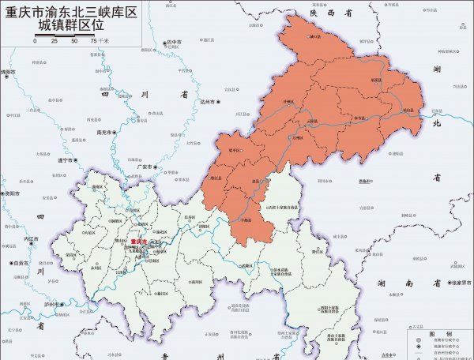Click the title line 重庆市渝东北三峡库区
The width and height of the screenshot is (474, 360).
click(x=71, y=13)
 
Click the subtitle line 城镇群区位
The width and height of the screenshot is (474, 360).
click(x=71, y=28)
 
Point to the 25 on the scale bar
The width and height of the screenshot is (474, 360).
click(x=54, y=40)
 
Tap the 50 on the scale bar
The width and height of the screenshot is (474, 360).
click(x=73, y=40)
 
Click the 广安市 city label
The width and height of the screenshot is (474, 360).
click(x=145, y=167)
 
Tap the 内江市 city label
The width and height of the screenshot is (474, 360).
click(x=31, y=238)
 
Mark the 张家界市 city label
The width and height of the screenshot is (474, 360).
click(x=457, y=283)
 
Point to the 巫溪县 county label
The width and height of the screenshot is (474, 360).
click(x=376, y=80)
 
